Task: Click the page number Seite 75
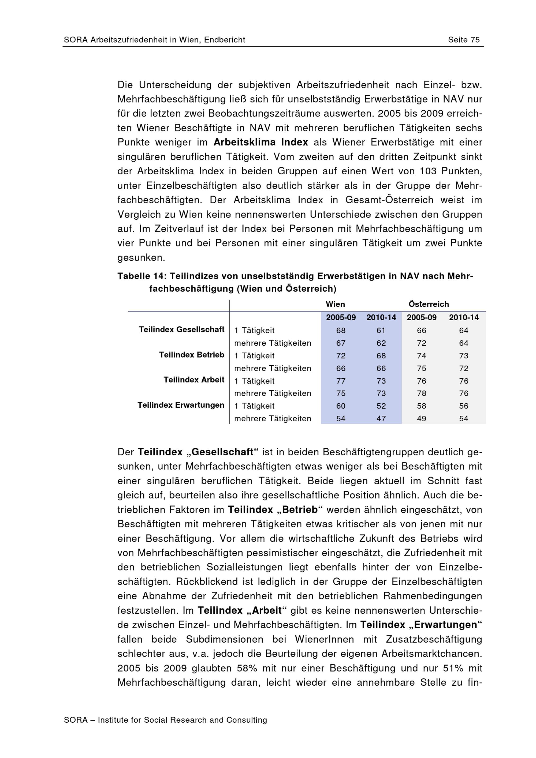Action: click(463, 40)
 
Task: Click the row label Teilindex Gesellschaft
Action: click(181, 329)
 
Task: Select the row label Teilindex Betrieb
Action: click(192, 355)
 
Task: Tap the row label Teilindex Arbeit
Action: click(194, 380)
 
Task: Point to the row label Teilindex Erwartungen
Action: click(181, 405)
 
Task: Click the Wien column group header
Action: click(335, 304)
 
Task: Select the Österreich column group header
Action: click(429, 304)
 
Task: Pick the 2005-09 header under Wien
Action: click(341, 318)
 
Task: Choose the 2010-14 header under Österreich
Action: click(463, 318)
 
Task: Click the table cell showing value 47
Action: click(381, 419)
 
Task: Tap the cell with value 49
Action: click(421, 419)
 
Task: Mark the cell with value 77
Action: click(341, 381)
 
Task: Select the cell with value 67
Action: click(341, 343)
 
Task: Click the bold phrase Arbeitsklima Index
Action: click(260, 142)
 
